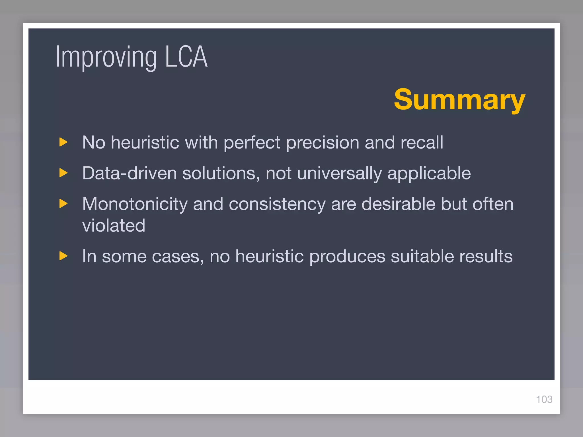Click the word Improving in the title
(106, 57)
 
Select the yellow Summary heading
(459, 100)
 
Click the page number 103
(544, 399)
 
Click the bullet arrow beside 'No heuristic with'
(63, 142)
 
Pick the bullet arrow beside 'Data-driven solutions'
(63, 173)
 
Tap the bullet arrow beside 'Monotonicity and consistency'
(63, 203)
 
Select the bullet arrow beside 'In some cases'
(63, 256)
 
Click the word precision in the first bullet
(323, 142)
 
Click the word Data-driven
(129, 173)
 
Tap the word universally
(339, 174)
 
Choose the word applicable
(429, 174)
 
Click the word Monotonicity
(135, 204)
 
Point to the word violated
(114, 226)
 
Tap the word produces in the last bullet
(347, 257)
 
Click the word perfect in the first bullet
(252, 142)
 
